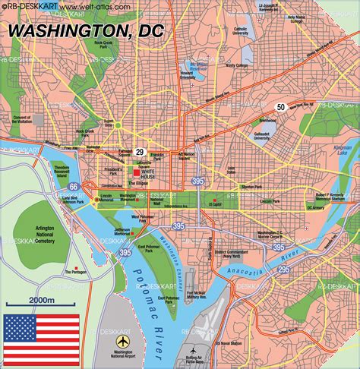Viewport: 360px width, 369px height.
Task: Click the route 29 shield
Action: pyautogui.click(x=140, y=153)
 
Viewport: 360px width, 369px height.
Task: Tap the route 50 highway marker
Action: pyautogui.click(x=280, y=108)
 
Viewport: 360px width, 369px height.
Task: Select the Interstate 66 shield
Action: pyautogui.click(x=73, y=186)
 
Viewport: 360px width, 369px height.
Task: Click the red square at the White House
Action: pyautogui.click(x=137, y=172)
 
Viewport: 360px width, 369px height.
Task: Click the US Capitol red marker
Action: pyautogui.click(x=215, y=200)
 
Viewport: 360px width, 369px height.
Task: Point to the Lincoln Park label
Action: pyautogui.click(x=268, y=201)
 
